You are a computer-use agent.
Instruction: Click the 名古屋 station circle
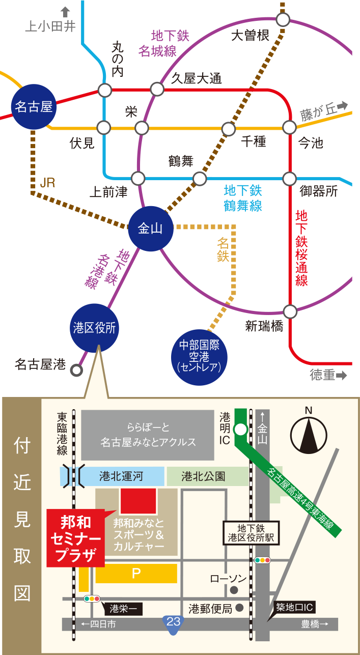click(34, 107)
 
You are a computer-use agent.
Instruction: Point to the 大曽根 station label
click(250, 36)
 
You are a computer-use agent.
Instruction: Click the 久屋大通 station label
click(196, 78)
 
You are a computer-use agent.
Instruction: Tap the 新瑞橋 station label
click(264, 326)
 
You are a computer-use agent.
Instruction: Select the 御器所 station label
click(319, 192)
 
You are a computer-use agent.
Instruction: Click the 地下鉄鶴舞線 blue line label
click(243, 198)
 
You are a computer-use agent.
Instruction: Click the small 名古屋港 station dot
click(77, 370)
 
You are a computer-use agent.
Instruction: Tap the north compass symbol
click(309, 436)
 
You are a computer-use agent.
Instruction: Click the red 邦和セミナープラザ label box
click(75, 537)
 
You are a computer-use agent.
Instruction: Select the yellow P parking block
click(136, 574)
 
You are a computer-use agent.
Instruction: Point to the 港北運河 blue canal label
click(121, 477)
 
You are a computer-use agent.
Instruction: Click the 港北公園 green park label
click(203, 477)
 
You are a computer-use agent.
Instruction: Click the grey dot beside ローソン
click(234, 590)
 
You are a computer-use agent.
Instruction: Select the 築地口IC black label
click(295, 607)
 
